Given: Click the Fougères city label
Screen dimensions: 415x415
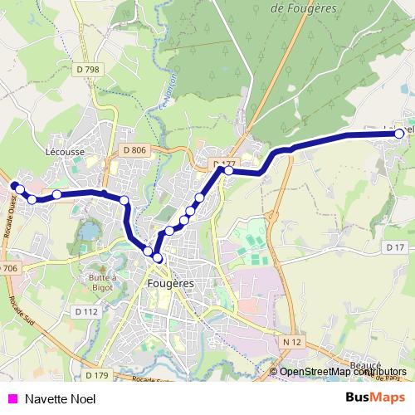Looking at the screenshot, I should [169, 283].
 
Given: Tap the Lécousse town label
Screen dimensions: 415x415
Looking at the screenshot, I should [62, 153].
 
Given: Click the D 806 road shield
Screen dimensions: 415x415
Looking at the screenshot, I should [133, 150].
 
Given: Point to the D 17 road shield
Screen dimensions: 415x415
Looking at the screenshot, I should [394, 247].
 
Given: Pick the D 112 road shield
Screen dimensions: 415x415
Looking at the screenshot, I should [85, 311].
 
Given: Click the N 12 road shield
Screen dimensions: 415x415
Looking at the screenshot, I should [290, 342].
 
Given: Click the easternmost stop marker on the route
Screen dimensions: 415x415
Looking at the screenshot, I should [399, 133].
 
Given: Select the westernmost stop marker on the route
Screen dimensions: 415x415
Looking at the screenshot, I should [14, 185].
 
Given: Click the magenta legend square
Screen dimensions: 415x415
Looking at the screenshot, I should [12, 399].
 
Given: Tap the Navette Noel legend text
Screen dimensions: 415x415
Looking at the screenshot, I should [61, 399].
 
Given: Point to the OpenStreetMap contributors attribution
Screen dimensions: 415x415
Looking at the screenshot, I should [344, 372].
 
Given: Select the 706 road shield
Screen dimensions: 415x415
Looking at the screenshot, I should [8, 268].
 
